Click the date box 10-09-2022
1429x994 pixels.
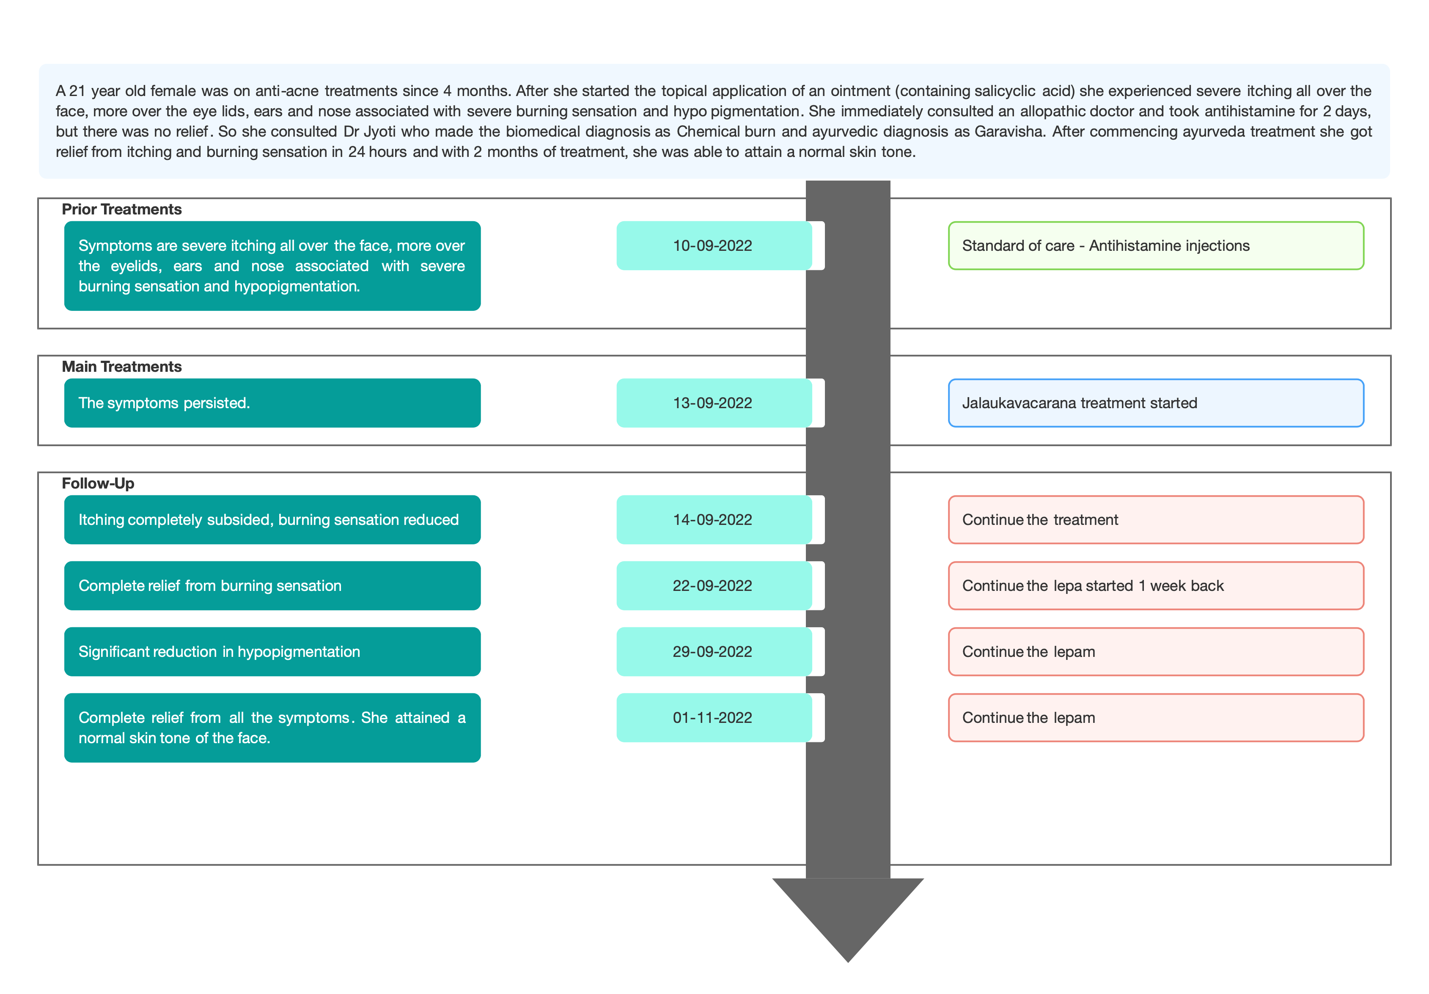(714, 245)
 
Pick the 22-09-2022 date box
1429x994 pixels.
(714, 586)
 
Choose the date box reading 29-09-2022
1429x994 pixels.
(714, 652)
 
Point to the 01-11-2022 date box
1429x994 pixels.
(714, 718)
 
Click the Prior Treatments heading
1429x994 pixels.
(121, 209)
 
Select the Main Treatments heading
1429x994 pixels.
(121, 367)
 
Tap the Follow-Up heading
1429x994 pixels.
(98, 483)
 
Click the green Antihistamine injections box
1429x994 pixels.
(1156, 245)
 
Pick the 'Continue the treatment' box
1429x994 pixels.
(1156, 520)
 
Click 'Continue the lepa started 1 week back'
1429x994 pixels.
(1156, 586)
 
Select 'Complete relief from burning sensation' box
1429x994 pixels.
(272, 586)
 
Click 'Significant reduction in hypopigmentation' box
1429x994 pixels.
(272, 652)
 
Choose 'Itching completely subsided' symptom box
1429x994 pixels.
(272, 520)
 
